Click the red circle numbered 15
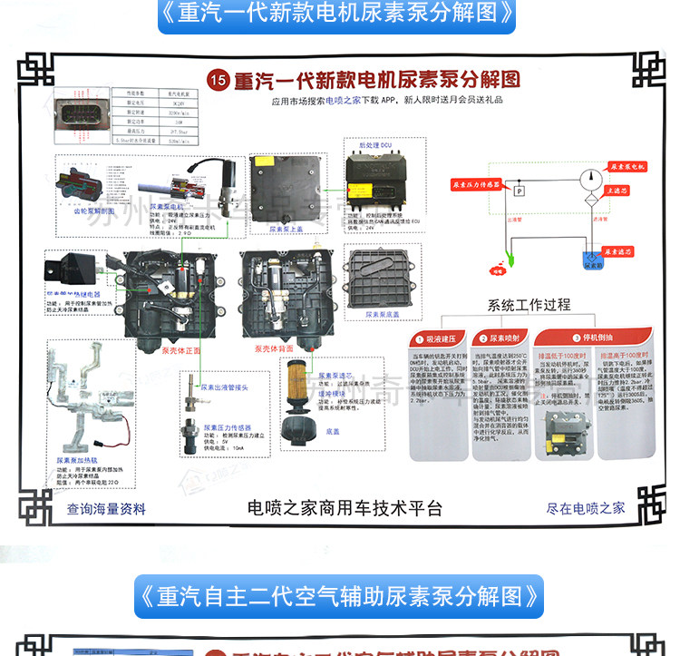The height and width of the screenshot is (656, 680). coord(217,79)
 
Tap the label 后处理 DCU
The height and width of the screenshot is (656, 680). coord(374,144)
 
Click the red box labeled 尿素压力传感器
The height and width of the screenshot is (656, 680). coord(478,184)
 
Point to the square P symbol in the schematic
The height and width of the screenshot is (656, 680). coord(519,191)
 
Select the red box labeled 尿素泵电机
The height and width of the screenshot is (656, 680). coord(627,168)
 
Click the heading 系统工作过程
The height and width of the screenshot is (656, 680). coord(529,305)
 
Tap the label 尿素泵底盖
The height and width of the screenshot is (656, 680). coord(383,314)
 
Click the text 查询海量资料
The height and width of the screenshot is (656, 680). coord(106,509)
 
